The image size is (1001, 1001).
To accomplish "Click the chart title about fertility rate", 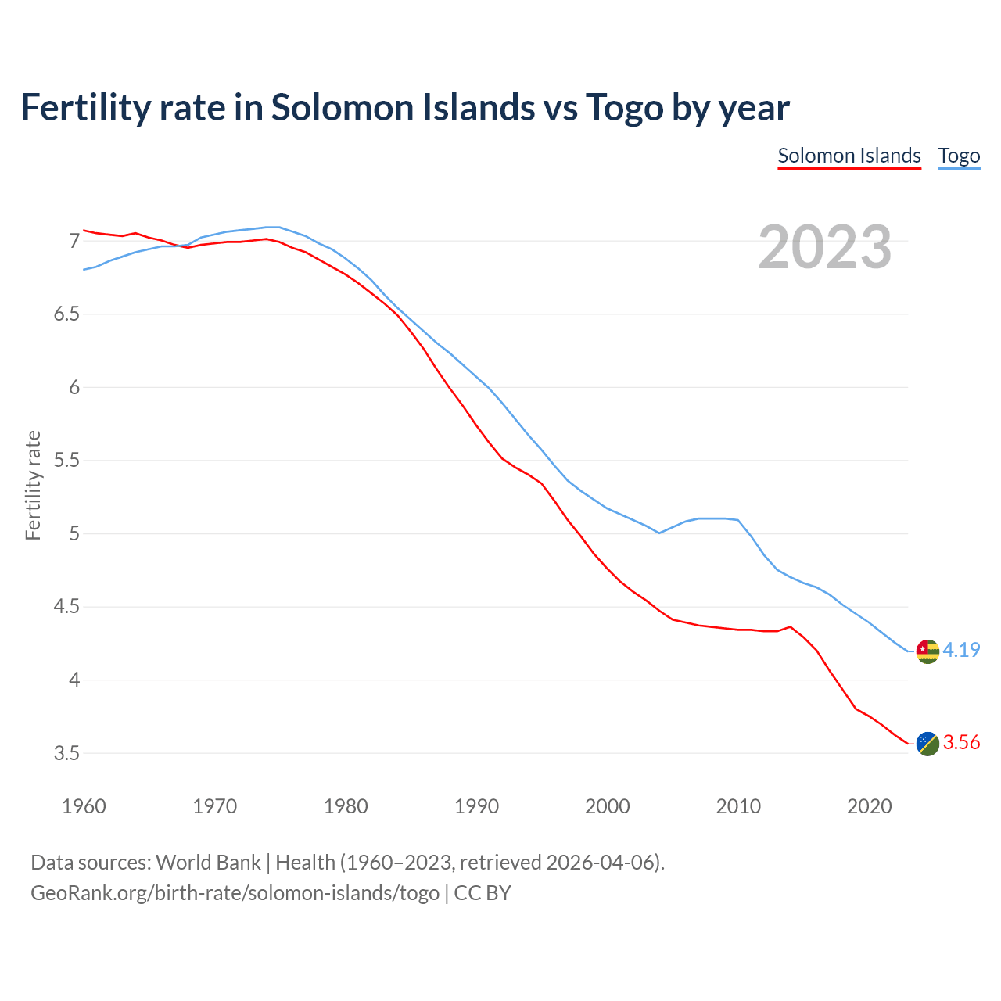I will click(x=404, y=108).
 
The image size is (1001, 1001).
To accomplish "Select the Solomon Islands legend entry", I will click(x=849, y=156).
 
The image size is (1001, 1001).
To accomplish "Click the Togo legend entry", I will click(x=959, y=156).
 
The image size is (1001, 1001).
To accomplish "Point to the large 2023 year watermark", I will click(x=825, y=247).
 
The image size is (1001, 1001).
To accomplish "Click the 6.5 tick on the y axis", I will click(x=66, y=314).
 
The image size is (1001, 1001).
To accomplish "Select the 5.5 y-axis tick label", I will click(x=66, y=461).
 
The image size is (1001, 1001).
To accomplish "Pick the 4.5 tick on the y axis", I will click(x=66, y=607).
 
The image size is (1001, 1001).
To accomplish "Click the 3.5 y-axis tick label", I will click(x=66, y=753).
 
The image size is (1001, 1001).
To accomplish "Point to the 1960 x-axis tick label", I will click(x=84, y=806).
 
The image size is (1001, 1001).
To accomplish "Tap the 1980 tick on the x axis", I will click(x=346, y=806).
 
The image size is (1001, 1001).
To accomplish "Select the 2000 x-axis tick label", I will click(x=608, y=806).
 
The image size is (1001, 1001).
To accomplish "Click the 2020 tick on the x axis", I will click(x=869, y=806).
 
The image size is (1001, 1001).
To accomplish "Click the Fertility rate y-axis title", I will click(x=33, y=485).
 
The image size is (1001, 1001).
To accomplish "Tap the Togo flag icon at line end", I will click(x=927, y=651).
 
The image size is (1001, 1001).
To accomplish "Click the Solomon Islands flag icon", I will click(x=927, y=743).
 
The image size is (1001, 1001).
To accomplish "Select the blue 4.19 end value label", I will click(x=961, y=650).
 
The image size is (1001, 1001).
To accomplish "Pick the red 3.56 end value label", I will click(x=961, y=742).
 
